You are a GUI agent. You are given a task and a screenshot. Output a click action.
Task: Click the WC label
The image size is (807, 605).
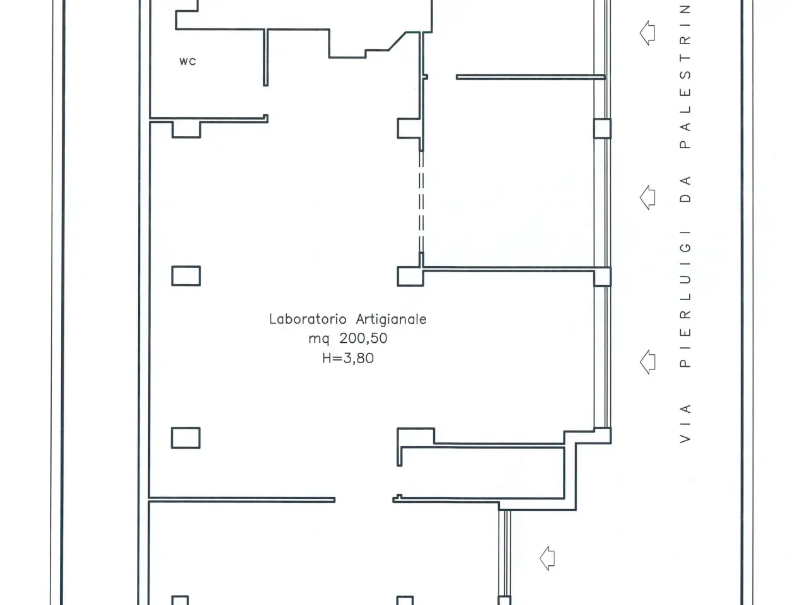[187, 61]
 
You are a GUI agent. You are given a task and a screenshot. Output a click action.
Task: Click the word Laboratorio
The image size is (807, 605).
[308, 319]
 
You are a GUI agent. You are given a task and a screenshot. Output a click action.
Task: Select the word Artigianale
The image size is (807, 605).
[391, 320]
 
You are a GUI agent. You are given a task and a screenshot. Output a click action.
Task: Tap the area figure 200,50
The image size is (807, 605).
[363, 338]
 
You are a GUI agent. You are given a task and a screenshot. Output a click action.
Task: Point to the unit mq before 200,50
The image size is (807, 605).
[319, 339]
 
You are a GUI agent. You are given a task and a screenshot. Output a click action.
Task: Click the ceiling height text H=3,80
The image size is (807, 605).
[348, 358]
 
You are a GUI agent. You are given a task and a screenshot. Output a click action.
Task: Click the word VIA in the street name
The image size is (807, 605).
[685, 423]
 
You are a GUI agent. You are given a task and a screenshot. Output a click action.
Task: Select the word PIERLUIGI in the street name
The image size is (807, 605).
[685, 299]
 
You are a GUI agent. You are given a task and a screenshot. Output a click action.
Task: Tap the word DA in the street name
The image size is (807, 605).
[685, 190]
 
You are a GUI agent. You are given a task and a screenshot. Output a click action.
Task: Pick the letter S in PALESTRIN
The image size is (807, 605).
[685, 75]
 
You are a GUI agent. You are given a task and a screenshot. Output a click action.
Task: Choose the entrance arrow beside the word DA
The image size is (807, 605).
[647, 198]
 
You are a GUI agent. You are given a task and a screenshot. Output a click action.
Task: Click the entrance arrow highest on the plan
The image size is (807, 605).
[647, 33]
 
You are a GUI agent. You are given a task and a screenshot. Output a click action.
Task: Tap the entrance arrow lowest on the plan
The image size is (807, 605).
[547, 558]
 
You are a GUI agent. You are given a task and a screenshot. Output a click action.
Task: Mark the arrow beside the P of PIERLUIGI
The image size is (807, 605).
[647, 362]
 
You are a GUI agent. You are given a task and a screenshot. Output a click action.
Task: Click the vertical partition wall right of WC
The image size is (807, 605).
[265, 58]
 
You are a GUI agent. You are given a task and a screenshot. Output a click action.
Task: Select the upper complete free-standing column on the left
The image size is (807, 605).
[186, 276]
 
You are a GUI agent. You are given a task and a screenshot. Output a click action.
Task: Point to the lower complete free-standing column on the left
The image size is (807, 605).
[185, 438]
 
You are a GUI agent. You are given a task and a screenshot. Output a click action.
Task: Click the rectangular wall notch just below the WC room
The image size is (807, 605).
[187, 130]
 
